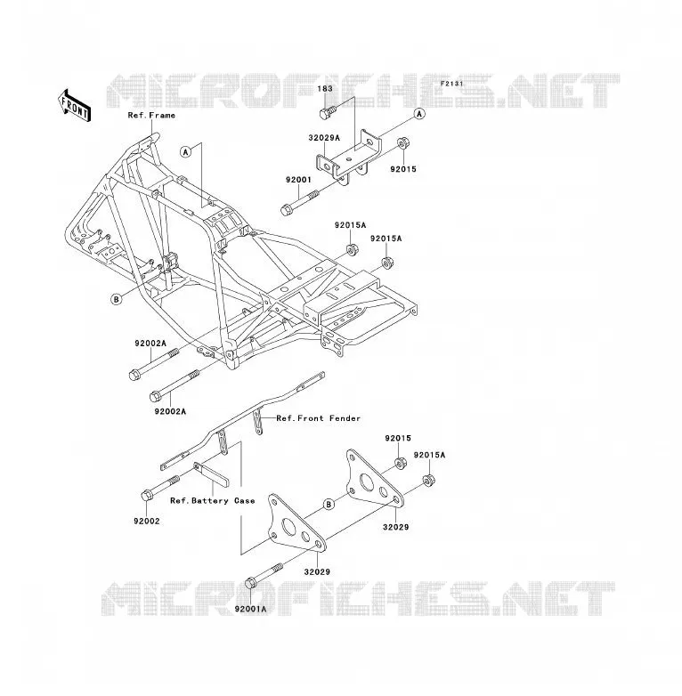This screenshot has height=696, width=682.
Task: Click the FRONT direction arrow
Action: click(74, 106)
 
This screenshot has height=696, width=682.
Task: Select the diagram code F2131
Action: click(451, 84)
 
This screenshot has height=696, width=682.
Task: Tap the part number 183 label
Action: click(325, 89)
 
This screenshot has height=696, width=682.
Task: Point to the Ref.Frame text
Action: click(151, 116)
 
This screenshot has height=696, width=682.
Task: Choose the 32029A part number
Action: click(324, 138)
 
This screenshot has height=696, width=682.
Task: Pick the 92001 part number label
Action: click(298, 180)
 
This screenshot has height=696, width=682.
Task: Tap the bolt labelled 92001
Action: click(300, 203)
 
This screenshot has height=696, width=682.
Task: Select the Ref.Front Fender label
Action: click(319, 418)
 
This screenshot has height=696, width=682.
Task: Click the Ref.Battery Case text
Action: click(213, 501)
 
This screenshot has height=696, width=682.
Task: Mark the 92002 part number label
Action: click(147, 522)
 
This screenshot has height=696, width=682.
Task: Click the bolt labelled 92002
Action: click(160, 489)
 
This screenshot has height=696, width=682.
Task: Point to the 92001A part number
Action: click(251, 609)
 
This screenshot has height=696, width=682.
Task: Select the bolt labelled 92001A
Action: click(264, 577)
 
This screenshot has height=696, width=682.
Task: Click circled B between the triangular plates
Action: click(329, 505)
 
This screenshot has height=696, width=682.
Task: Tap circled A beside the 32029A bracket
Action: click(419, 114)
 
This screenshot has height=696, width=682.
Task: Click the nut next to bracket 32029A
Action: click(403, 144)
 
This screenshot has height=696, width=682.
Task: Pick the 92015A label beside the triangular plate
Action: click(429, 455)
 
